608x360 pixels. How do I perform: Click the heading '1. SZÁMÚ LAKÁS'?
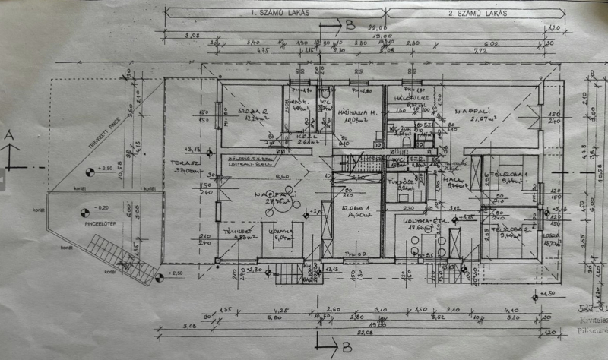(x=271, y=14)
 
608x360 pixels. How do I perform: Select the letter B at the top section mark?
(x=349, y=24)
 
